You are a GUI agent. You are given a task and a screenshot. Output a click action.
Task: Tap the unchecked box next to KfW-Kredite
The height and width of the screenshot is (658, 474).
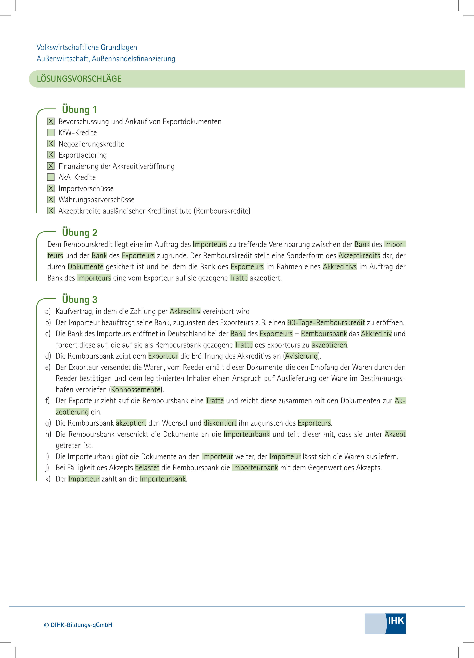tap(51, 133)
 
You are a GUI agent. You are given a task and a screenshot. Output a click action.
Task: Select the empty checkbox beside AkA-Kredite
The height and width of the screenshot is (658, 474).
tap(51, 177)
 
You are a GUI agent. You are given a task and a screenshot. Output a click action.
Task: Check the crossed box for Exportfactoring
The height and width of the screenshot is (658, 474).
tap(51, 155)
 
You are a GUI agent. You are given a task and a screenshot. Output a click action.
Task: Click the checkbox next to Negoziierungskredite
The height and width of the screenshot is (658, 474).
tap(51, 144)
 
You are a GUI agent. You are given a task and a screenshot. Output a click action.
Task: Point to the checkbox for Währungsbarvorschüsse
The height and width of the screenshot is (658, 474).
tap(51, 199)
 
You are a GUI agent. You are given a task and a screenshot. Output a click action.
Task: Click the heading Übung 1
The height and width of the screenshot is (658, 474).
tap(79, 110)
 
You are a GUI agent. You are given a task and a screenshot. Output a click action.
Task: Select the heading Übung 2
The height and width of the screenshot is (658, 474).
tap(80, 233)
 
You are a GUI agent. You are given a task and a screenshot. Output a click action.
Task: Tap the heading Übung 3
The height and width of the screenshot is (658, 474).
tap(80, 299)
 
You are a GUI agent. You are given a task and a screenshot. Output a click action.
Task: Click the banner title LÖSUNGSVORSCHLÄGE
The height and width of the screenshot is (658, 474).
tap(79, 79)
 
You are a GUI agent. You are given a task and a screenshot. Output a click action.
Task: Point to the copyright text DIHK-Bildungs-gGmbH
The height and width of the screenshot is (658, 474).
tap(78, 625)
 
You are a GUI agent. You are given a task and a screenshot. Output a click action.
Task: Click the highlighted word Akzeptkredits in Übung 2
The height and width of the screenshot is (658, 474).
tap(359, 256)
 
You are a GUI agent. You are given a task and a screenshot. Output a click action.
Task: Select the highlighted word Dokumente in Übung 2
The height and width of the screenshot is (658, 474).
tap(86, 267)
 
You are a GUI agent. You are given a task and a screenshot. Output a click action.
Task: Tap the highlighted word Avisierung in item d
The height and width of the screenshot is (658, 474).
tap(302, 356)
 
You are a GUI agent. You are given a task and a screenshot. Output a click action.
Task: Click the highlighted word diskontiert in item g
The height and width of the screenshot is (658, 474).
tap(220, 423)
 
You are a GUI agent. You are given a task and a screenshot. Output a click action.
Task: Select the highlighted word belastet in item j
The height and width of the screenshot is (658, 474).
tap(147, 468)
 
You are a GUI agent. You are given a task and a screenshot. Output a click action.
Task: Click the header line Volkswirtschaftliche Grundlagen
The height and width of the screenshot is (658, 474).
tap(87, 47)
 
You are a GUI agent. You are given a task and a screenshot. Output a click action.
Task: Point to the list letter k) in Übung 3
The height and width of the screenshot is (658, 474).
tap(48, 479)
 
